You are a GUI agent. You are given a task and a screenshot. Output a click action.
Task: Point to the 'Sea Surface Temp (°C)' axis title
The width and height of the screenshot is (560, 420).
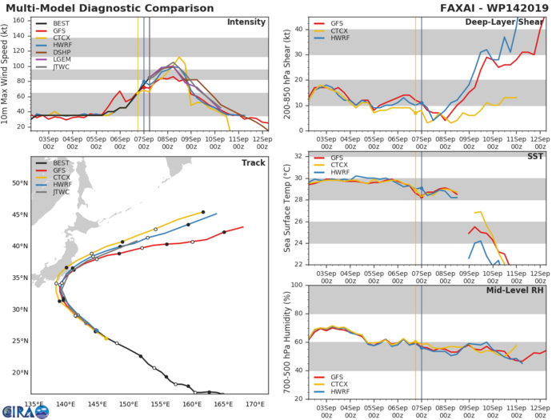coord(288,209)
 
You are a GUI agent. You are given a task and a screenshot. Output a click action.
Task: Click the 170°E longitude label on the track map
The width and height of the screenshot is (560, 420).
coord(255,404)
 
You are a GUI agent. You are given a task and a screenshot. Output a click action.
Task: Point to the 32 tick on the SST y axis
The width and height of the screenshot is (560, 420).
coord(299,156)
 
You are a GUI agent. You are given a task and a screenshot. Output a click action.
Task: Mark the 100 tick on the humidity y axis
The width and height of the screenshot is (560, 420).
coord(297,285)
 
